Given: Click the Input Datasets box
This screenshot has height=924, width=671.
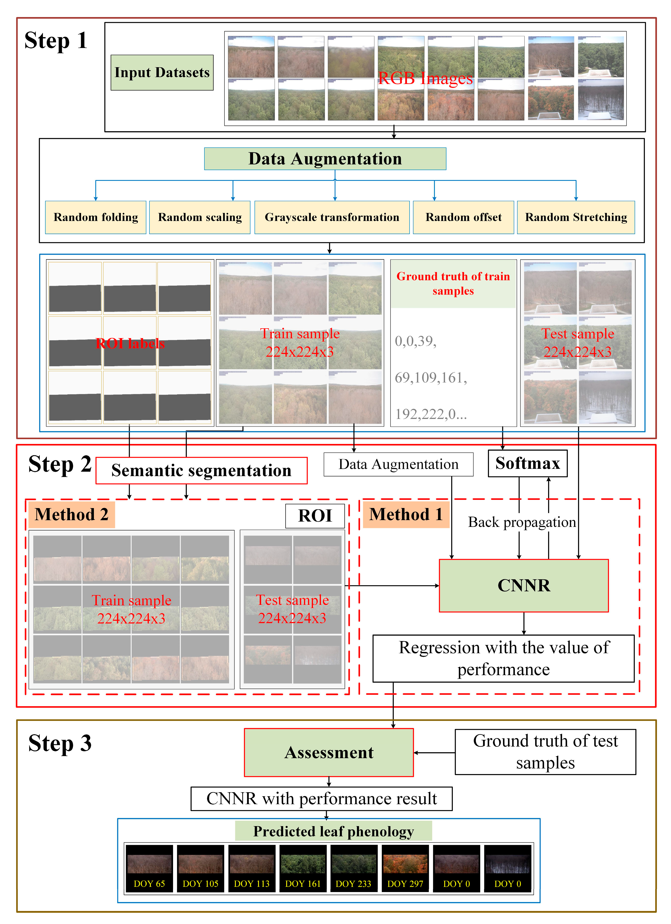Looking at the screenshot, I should [162, 72].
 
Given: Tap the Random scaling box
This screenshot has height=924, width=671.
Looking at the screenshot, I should [200, 217].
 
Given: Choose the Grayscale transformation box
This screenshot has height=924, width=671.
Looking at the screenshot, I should [332, 217].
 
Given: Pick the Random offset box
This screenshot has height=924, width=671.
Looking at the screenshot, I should [463, 217].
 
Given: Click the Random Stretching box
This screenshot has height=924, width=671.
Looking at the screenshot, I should [576, 217].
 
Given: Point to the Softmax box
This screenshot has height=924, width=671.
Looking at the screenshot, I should [527, 463].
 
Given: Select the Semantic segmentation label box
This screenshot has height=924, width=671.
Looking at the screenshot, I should [201, 470].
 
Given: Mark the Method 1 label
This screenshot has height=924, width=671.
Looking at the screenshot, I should [406, 515].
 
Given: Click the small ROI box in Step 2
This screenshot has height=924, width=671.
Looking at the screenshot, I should [315, 516].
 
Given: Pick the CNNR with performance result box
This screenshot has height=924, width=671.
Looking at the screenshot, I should [322, 799].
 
